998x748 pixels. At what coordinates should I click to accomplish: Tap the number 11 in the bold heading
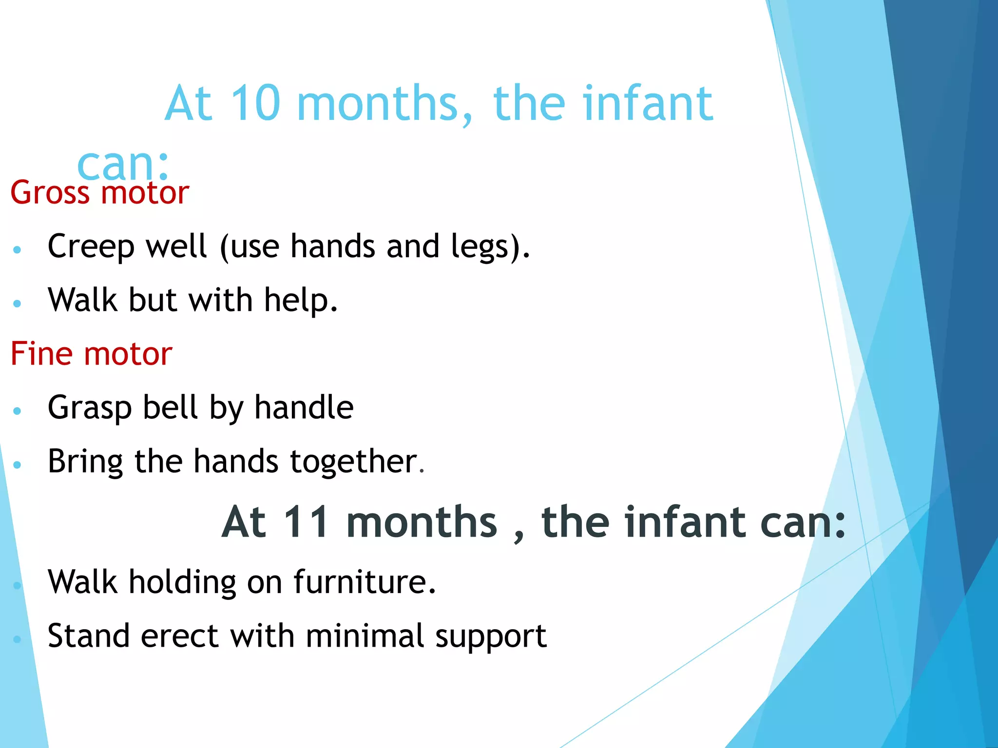tap(306, 522)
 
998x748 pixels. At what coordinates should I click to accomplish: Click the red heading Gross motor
tap(99, 192)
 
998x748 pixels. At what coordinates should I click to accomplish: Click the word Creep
tap(91, 246)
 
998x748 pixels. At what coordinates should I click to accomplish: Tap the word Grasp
tap(90, 408)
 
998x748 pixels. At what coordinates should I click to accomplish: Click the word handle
tap(304, 407)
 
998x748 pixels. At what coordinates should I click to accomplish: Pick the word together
tap(353, 462)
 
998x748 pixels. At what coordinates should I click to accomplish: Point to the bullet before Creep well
tap(18, 250)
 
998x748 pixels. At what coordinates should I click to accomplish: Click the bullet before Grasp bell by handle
tap(18, 411)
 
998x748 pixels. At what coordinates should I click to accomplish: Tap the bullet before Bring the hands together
tap(18, 465)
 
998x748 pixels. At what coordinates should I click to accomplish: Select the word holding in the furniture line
tap(182, 582)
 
